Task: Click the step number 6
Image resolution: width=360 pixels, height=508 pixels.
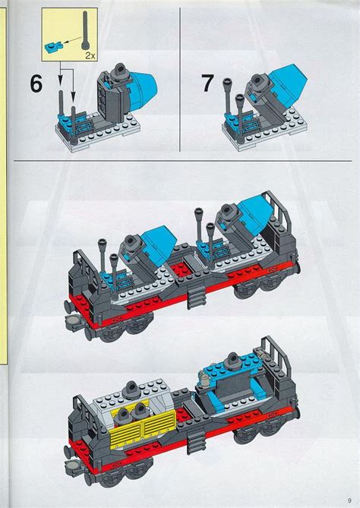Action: click(35, 84)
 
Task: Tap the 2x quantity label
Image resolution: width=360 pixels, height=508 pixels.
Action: click(89, 56)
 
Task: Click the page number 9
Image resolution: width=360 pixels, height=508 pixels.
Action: click(346, 497)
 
